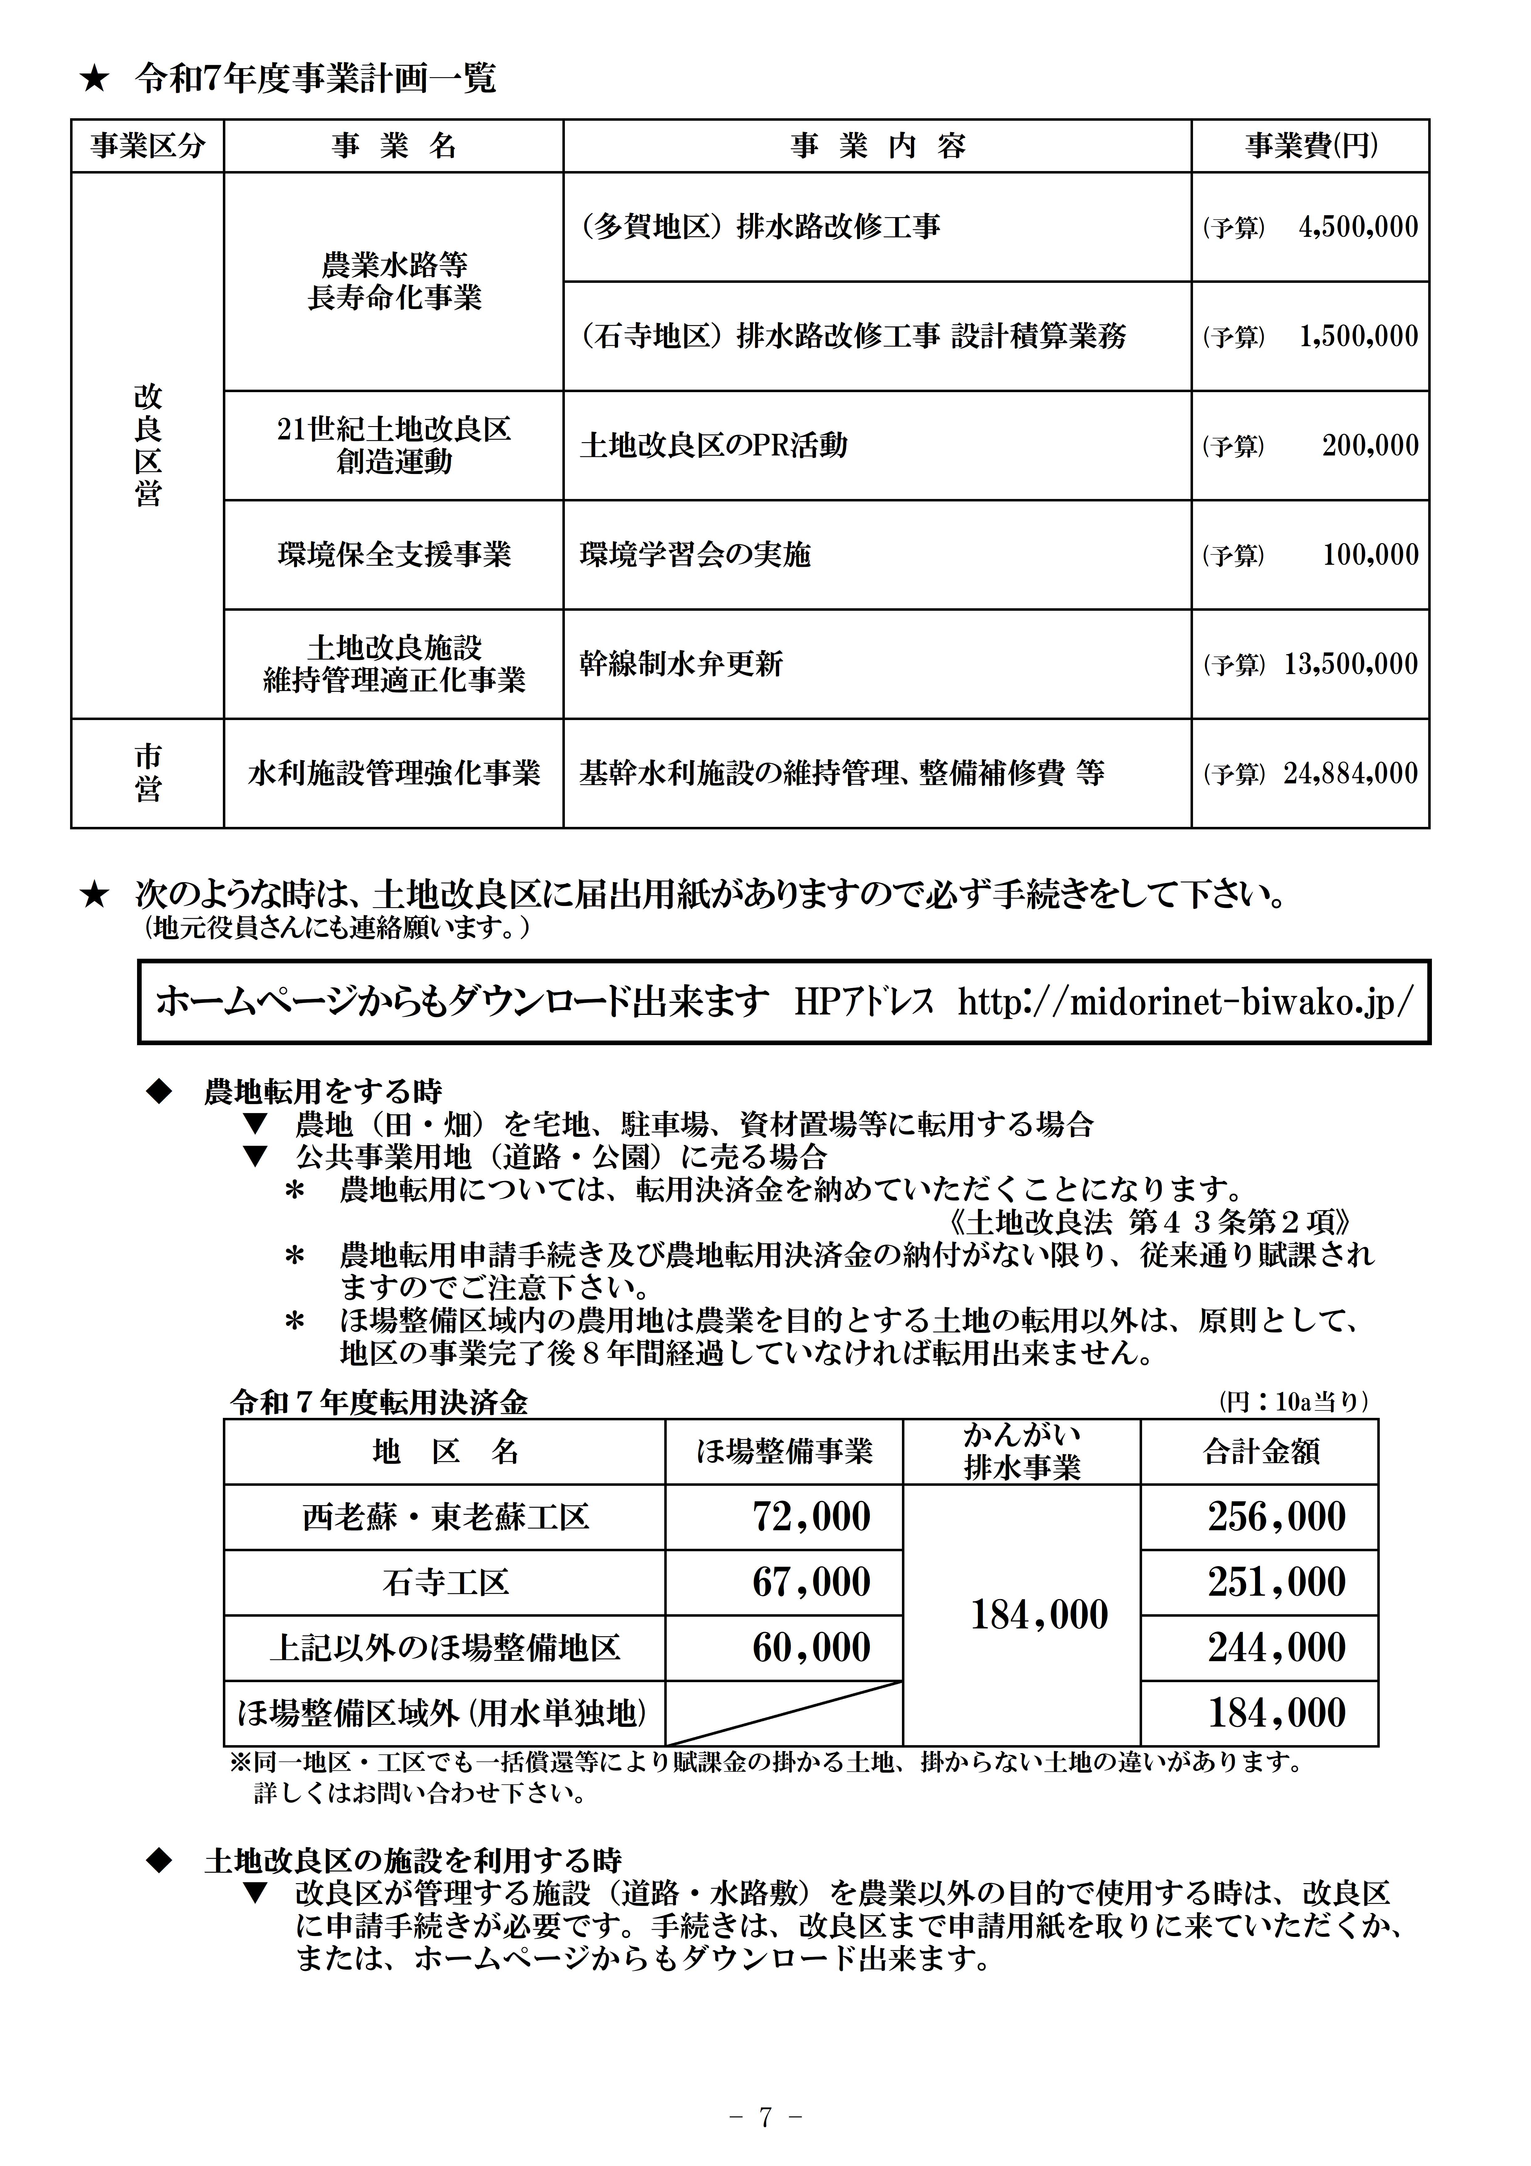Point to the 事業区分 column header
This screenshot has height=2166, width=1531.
click(147, 146)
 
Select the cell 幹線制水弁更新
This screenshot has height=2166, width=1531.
click(681, 664)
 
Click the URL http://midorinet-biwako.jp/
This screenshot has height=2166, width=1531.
click(1186, 1002)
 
